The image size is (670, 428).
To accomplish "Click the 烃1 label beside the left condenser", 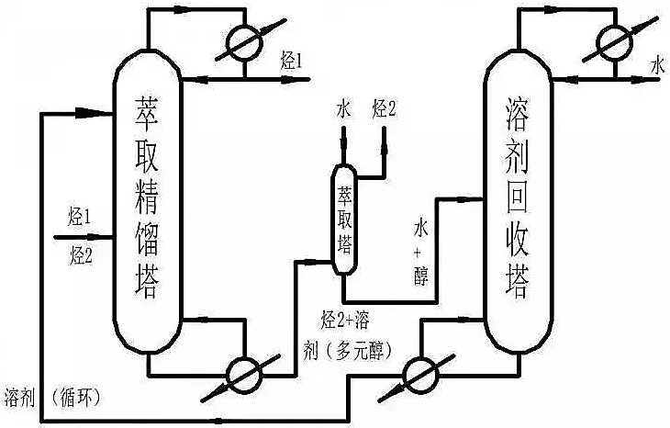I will pos(291,62).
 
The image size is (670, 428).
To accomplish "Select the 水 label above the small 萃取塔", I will pos(343,110).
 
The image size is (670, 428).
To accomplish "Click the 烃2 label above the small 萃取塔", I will pos(385,110).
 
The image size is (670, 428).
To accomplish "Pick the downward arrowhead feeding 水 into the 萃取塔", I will pos(343,150).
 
